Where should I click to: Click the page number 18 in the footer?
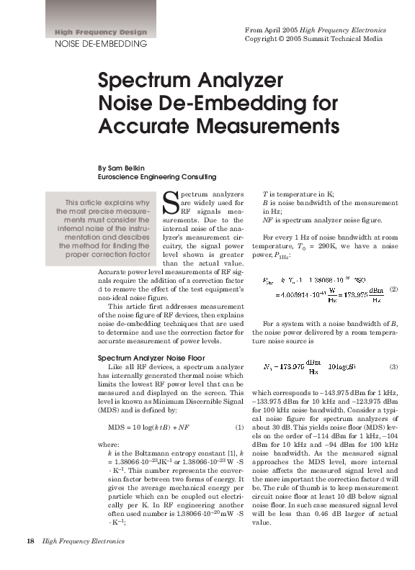(x=30, y=540)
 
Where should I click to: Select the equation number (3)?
(x=393, y=367)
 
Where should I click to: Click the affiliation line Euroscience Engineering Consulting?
(x=156, y=176)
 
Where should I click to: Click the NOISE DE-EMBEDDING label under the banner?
(x=101, y=44)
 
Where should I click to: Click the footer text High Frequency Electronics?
(x=84, y=540)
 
